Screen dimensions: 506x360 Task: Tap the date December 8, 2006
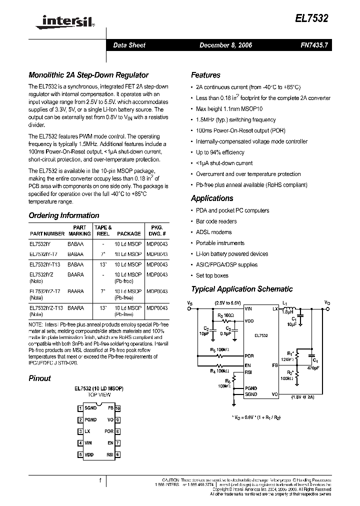click(225, 45)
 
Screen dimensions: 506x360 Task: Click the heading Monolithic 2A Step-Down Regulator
click(88, 75)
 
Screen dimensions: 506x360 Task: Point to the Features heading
click(205, 75)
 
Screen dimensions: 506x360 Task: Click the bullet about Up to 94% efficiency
click(220, 152)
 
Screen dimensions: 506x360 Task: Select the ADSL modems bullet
click(213, 232)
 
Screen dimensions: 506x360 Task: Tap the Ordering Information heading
click(64, 216)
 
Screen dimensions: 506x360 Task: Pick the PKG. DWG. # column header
click(157, 230)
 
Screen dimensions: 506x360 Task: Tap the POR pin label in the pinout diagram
click(109, 431)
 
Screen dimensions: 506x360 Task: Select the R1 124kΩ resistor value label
click(287, 345)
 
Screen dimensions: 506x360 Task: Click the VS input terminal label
click(189, 302)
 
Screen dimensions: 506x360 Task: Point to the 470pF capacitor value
click(313, 368)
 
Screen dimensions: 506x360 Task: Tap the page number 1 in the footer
click(100, 480)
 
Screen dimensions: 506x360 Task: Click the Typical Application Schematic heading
click(242, 289)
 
